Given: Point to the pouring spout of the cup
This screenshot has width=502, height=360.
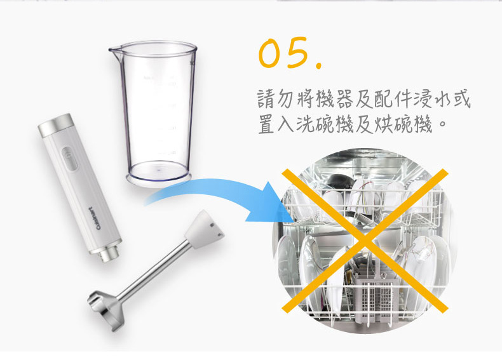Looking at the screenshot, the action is click(x=114, y=51).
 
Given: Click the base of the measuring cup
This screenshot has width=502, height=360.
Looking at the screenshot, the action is click(x=159, y=177).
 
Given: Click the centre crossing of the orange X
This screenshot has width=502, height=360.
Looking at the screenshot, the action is click(x=365, y=241).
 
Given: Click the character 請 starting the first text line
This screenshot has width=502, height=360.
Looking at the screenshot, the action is click(x=266, y=99).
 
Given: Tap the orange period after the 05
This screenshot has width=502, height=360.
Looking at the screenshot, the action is click(x=318, y=65).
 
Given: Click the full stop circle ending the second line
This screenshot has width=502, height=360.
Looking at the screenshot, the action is click(x=442, y=124).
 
